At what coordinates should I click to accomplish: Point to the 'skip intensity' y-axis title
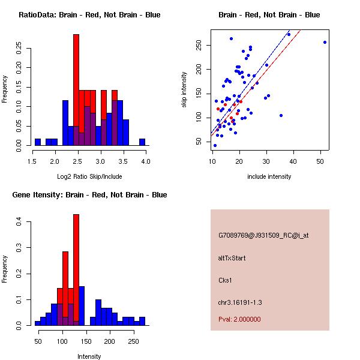(x=185, y=89)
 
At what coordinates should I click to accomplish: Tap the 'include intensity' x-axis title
(x=269, y=176)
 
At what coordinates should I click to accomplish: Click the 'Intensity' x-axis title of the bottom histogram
(x=89, y=356)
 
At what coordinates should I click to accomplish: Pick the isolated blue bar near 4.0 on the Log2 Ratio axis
(x=142, y=142)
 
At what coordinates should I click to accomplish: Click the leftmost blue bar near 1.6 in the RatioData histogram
(x=38, y=142)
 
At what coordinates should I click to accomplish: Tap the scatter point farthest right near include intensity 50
(x=325, y=42)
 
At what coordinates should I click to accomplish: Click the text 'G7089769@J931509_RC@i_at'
(x=263, y=236)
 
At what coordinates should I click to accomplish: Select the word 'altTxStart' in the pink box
(x=232, y=258)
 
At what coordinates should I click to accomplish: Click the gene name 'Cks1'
(x=226, y=280)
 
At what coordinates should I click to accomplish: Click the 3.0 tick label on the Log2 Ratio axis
(x=100, y=160)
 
